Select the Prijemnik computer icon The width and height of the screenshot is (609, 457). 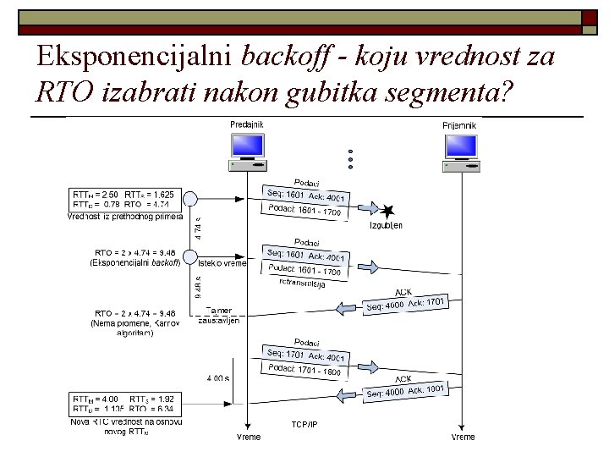pyautogui.click(x=460, y=151)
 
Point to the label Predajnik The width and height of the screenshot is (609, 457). pyautogui.click(x=247, y=124)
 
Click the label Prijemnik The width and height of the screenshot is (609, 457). pyautogui.click(x=460, y=125)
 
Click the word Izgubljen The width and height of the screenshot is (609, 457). pyautogui.click(x=387, y=226)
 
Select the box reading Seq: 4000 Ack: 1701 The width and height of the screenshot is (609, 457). pyautogui.click(x=405, y=304)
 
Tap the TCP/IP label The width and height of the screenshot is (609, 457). pyautogui.click(x=304, y=424)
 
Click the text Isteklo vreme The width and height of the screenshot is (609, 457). pyautogui.click(x=222, y=263)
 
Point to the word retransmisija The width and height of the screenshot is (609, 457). pyautogui.click(x=303, y=284)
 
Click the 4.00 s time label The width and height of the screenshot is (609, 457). pyautogui.click(x=217, y=378)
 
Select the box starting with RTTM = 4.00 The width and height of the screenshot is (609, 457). pyautogui.click(x=125, y=404)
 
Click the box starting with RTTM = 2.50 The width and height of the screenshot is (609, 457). pyautogui.click(x=125, y=199)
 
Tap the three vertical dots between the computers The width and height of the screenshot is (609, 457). pyautogui.click(x=348, y=158)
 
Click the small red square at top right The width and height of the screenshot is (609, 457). pyautogui.click(x=590, y=19)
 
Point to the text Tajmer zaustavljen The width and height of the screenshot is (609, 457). pyautogui.click(x=219, y=316)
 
